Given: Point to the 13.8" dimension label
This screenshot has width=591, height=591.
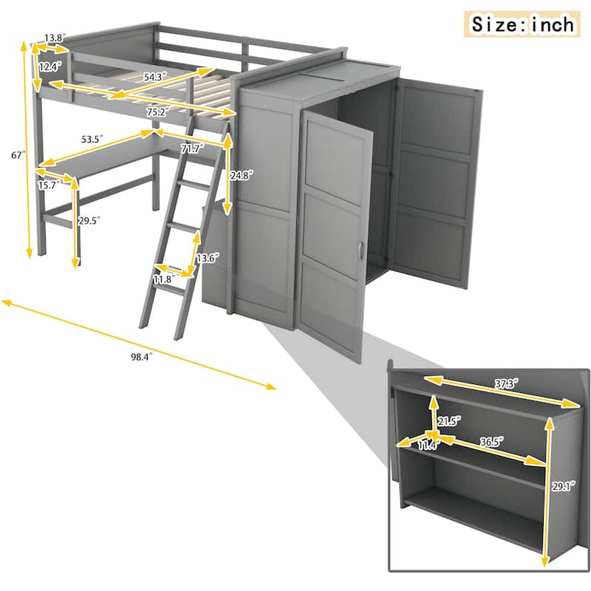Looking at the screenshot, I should tap(54, 37).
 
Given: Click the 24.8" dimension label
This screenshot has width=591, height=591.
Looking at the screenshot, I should tap(242, 176).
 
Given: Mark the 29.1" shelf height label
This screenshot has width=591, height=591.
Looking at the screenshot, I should tap(562, 485).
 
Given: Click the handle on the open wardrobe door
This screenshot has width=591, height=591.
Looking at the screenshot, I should tap(360, 250).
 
